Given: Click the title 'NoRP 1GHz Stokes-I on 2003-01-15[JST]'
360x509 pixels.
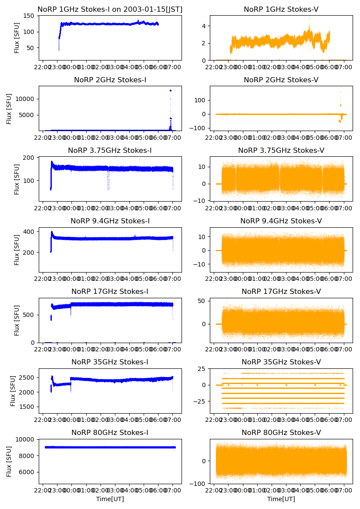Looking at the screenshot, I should [110, 10].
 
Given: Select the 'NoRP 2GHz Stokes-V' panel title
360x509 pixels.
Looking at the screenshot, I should [281, 80].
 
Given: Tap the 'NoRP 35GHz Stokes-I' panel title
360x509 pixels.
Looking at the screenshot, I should [110, 362].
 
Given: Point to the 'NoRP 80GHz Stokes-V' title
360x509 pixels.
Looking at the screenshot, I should [281, 432].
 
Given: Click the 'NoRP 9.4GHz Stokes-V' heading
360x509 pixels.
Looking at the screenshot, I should [281, 221].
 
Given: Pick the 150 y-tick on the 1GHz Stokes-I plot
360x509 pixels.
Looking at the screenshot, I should [29, 16].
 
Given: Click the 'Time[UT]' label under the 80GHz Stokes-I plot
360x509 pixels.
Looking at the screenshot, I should [110, 499].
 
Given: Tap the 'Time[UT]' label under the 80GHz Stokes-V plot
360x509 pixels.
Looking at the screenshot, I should [281, 499].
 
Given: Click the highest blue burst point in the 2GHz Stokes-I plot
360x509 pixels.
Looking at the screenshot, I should [170, 91].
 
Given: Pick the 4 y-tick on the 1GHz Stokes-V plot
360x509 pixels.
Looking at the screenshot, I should [204, 26].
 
